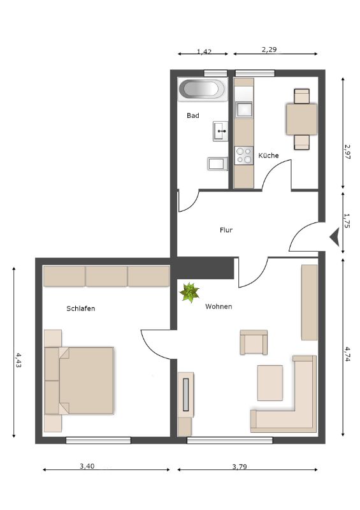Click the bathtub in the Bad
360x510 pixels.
(202, 89)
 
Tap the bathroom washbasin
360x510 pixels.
(220, 131)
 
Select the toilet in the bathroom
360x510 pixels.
(218, 164)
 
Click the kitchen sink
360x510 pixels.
(244, 109)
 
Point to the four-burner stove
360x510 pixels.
(244, 156)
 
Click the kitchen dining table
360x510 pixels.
(301, 119)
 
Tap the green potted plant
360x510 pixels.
(190, 292)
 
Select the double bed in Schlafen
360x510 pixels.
(80, 380)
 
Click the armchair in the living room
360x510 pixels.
(254, 342)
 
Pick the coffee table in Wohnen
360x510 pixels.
(270, 383)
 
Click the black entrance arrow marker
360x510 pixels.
(335, 237)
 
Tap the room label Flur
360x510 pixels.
(226, 230)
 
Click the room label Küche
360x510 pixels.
(268, 155)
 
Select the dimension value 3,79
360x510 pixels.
(240, 467)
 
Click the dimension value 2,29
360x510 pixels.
(269, 50)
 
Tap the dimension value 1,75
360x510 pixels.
(347, 221)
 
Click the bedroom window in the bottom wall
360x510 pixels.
(98, 441)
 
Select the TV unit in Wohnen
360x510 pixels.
(185, 395)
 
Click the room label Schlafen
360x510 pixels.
(81, 309)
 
